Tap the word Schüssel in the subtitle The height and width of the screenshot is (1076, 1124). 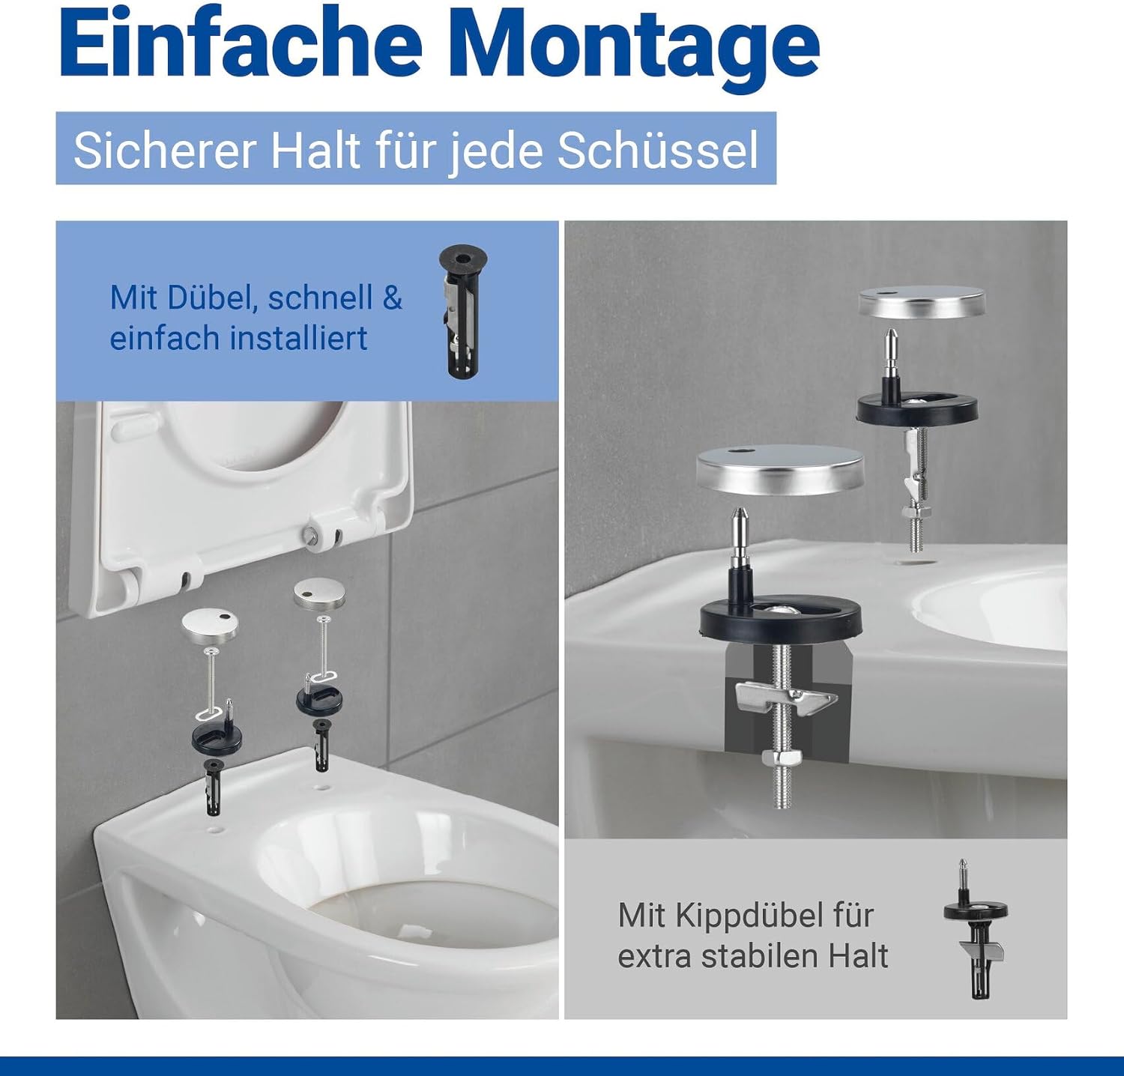(659, 150)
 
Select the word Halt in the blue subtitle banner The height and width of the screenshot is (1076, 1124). (315, 150)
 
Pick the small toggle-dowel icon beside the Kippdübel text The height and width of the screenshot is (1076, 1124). (976, 929)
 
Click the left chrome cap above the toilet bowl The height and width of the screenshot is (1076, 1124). (210, 623)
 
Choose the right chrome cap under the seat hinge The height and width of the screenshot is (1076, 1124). (319, 592)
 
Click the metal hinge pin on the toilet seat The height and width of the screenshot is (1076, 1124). (311, 534)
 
